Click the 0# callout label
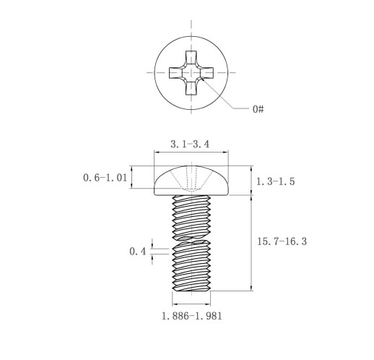(x=258, y=109)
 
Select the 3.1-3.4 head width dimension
(x=190, y=144)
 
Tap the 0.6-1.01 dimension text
(x=105, y=178)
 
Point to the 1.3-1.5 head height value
(x=275, y=181)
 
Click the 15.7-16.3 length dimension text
(x=282, y=241)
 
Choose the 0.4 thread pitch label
(x=138, y=252)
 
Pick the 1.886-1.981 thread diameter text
(x=191, y=316)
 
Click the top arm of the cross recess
(x=191, y=58)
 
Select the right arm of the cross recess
(x=206, y=73)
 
